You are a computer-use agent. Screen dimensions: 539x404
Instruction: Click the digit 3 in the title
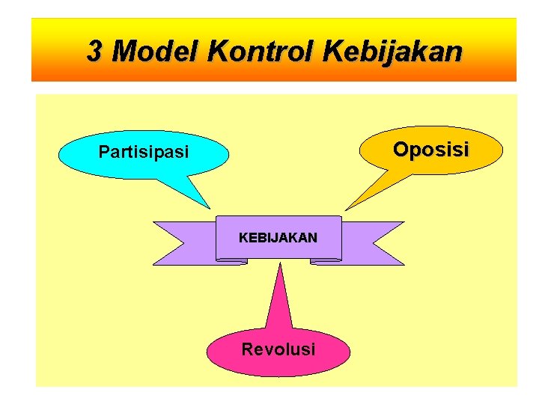click(x=94, y=52)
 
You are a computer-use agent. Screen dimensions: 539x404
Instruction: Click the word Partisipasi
click(x=144, y=153)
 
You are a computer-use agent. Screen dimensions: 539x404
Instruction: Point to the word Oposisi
click(x=431, y=150)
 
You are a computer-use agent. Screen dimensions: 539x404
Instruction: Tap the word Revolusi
click(x=278, y=349)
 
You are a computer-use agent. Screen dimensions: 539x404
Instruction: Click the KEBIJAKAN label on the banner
click(x=278, y=238)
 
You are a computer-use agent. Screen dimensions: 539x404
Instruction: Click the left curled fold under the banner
click(x=231, y=261)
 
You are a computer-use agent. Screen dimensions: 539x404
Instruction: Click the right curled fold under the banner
click(x=326, y=261)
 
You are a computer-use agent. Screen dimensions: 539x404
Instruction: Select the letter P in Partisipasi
click(x=104, y=153)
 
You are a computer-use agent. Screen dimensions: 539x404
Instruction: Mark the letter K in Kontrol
click(x=218, y=52)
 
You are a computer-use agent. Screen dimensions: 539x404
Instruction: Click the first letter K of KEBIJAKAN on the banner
click(x=243, y=238)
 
